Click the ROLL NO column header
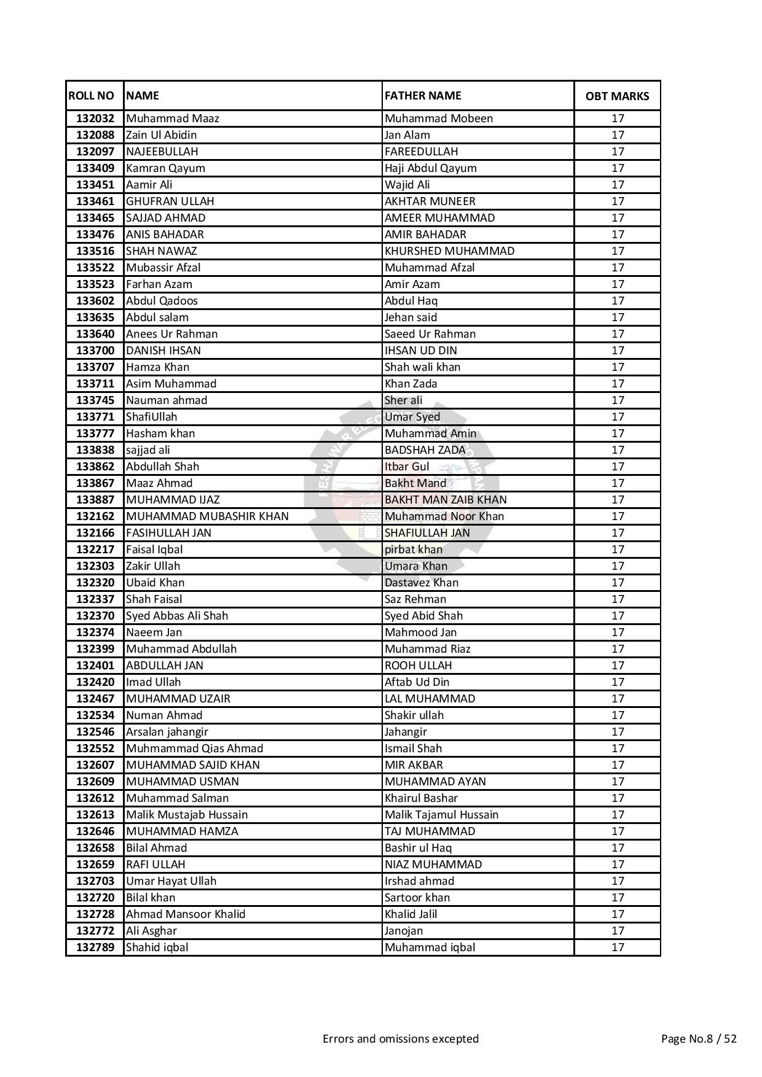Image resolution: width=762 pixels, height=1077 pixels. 92,96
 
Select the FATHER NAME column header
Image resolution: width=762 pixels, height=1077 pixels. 423,96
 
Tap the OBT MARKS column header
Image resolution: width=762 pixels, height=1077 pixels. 617,96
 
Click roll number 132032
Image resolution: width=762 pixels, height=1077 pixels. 95,119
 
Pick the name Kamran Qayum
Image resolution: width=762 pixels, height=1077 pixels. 165,168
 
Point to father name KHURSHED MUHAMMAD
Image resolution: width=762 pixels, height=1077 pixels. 449,251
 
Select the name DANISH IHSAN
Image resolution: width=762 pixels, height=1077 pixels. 163,351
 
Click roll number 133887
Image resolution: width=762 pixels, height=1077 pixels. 95,500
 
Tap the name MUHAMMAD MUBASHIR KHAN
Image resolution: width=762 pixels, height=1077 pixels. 207,516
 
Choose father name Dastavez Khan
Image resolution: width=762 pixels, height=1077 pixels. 422,583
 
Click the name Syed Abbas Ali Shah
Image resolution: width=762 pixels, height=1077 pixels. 177,616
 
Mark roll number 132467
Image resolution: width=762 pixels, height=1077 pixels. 95,699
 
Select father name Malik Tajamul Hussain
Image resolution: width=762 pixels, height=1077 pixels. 441,815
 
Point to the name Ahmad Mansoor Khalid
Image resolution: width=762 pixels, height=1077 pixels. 186,914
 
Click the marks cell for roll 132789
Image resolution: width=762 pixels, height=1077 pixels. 618,947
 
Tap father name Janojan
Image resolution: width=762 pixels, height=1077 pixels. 404,931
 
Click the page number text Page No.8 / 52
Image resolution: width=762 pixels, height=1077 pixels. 699,1039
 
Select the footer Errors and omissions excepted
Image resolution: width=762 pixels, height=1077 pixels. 401,1039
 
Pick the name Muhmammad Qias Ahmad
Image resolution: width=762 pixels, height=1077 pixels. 194,748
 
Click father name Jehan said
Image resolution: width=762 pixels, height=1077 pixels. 411,317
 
